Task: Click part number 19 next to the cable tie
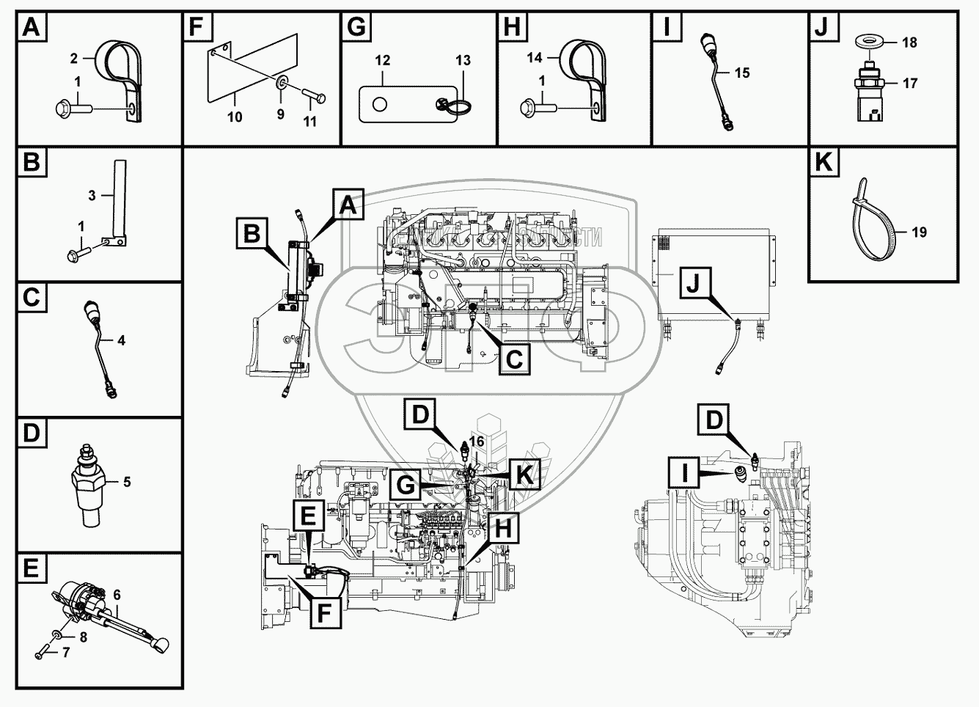[919, 232]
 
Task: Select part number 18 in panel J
[909, 43]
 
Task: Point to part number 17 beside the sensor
[910, 84]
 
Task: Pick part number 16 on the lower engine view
[477, 441]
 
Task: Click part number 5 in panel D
[127, 482]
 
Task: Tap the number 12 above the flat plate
[383, 61]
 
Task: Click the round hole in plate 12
[379, 105]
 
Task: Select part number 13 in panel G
[463, 61]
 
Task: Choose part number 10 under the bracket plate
[235, 117]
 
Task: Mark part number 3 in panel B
[92, 196]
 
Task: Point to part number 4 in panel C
[121, 340]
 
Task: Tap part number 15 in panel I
[741, 73]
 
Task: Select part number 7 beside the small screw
[65, 652]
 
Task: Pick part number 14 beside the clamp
[534, 56]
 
